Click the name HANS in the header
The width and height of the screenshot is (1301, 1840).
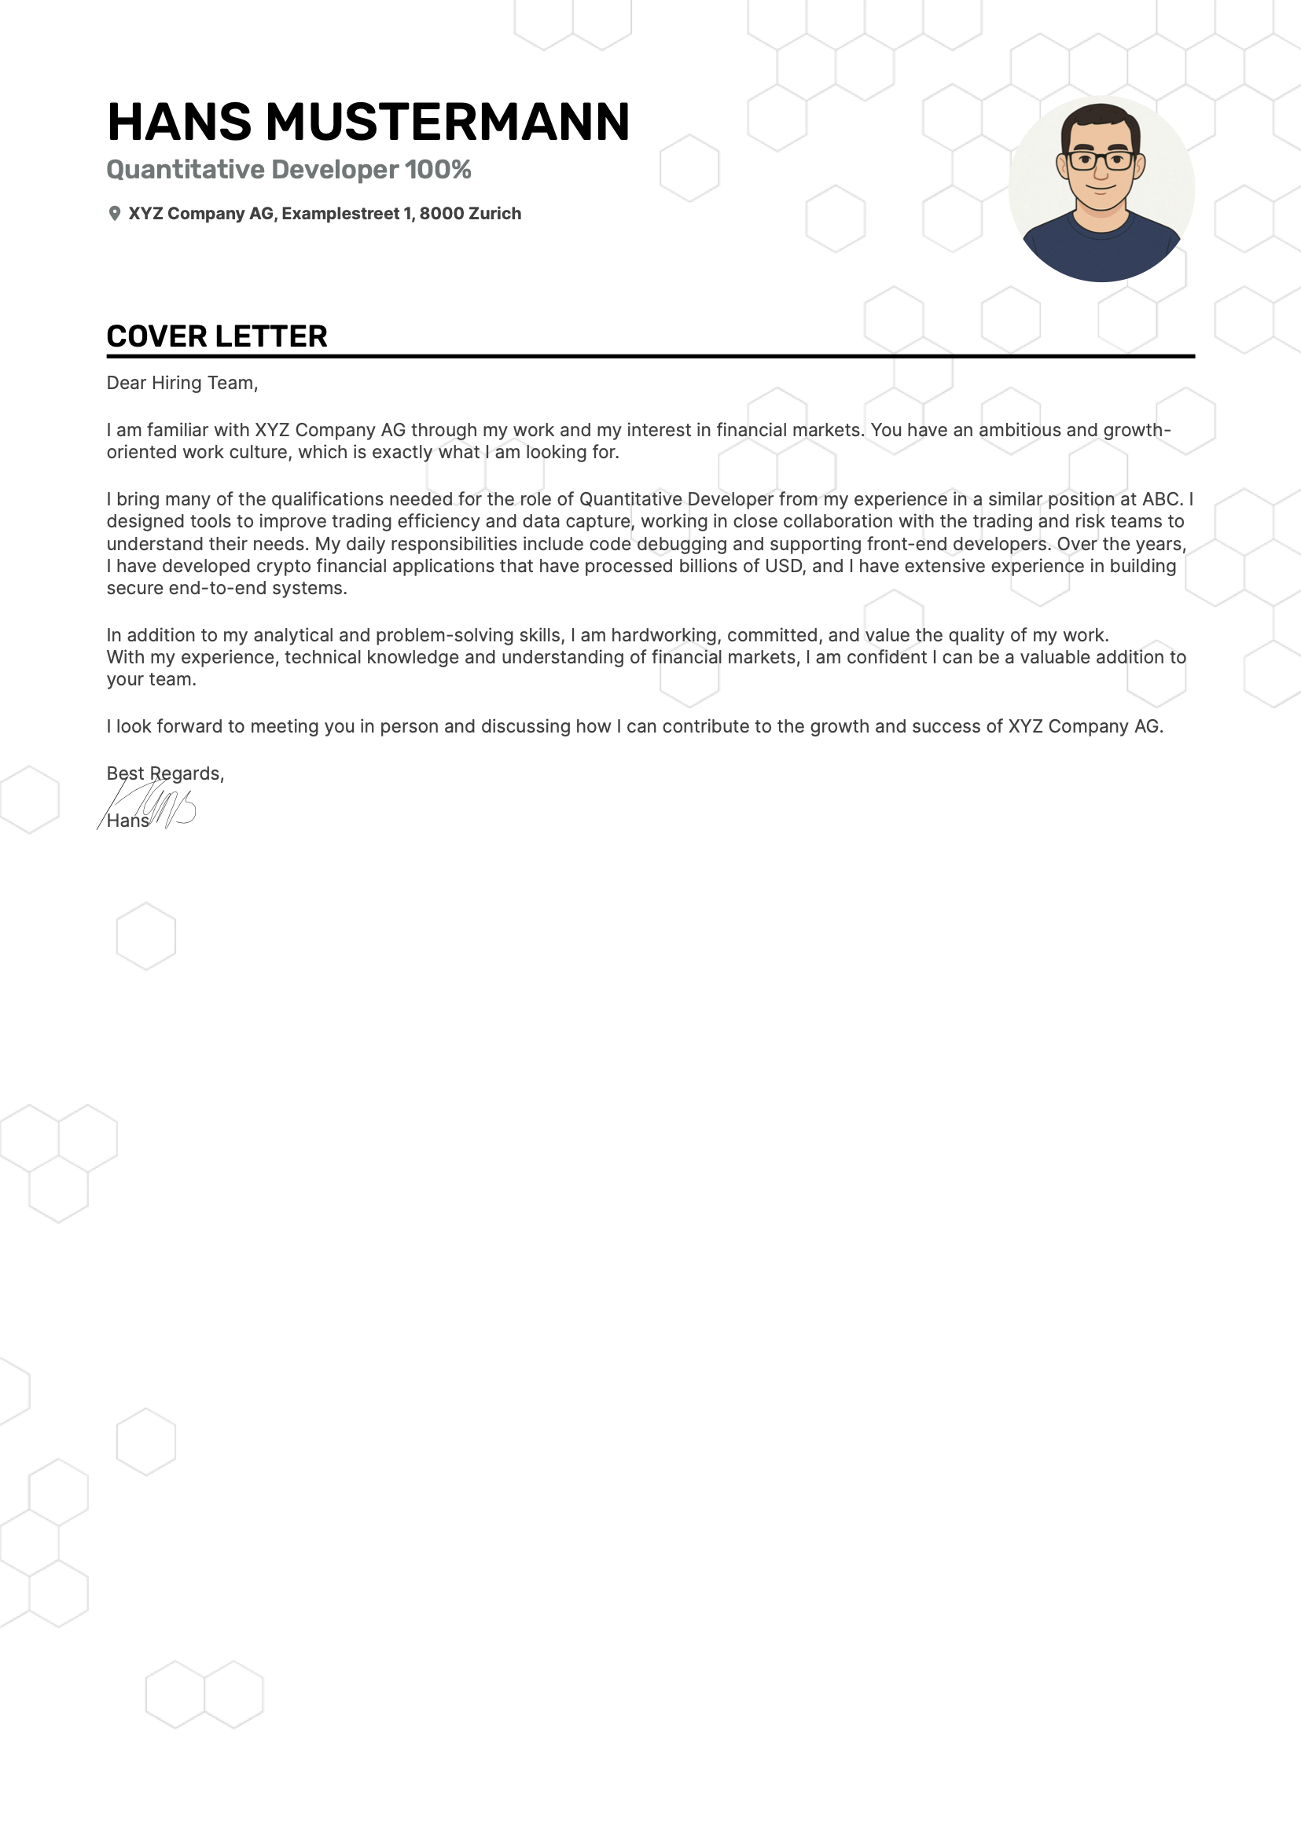(178, 122)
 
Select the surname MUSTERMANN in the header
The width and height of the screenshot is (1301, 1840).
(447, 122)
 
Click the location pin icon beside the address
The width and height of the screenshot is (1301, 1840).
(115, 213)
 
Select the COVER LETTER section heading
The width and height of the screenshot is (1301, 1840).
(216, 336)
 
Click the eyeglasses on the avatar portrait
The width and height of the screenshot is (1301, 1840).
(1101, 160)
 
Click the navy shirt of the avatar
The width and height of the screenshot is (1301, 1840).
(1101, 252)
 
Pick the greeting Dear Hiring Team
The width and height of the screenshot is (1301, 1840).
(182, 383)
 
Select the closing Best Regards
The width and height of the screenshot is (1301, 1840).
(165, 773)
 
